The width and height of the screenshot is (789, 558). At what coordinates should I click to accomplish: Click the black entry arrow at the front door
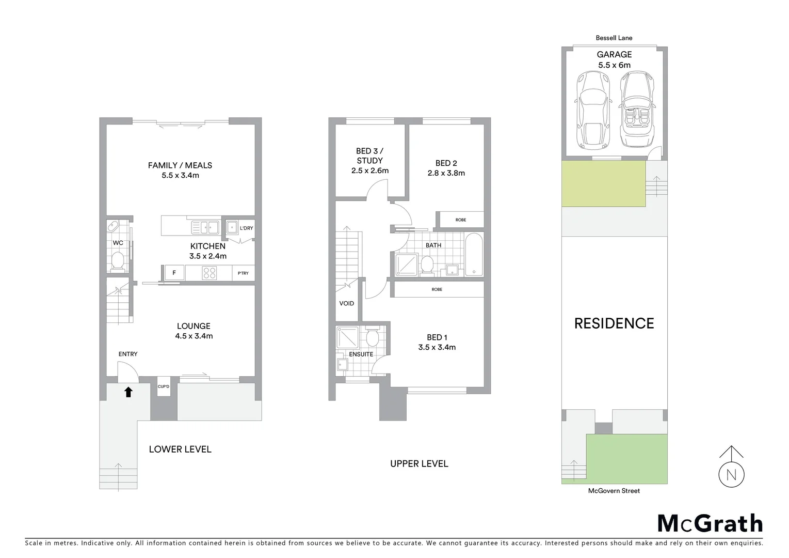click(x=128, y=392)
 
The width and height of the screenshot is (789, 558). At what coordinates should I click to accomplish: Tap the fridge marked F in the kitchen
click(x=174, y=272)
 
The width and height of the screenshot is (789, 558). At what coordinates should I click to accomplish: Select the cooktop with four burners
click(x=209, y=273)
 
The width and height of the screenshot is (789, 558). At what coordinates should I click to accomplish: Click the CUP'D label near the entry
click(x=164, y=386)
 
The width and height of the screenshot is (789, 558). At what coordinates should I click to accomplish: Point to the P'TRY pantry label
click(x=243, y=273)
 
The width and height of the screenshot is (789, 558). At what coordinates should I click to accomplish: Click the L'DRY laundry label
click(x=247, y=228)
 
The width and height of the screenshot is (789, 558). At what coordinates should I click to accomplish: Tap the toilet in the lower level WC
click(x=118, y=261)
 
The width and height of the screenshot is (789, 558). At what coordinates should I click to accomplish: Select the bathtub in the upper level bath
click(x=474, y=255)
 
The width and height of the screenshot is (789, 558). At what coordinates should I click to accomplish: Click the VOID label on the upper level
click(x=347, y=303)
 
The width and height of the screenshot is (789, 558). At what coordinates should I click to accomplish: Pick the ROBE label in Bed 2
click(x=461, y=220)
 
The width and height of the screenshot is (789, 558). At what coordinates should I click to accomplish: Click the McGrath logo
click(x=710, y=523)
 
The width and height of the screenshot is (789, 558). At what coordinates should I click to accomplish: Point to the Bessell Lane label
click(x=614, y=38)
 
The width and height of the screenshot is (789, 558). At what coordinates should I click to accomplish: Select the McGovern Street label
click(x=614, y=491)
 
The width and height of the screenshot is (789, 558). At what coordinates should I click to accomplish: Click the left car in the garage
click(x=592, y=110)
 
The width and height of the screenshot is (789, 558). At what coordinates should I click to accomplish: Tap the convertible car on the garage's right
click(x=637, y=110)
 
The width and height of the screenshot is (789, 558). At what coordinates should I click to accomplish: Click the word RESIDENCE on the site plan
click(x=614, y=323)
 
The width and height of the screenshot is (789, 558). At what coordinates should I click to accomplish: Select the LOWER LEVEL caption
click(x=180, y=450)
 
